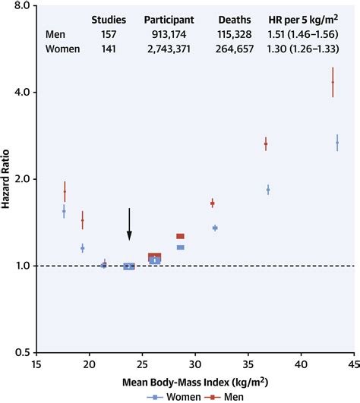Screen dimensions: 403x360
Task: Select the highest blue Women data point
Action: [337, 143]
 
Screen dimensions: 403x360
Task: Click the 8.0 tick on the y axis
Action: [21, 5]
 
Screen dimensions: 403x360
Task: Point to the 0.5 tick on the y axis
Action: [21, 353]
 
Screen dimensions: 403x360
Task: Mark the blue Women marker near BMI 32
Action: [215, 228]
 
